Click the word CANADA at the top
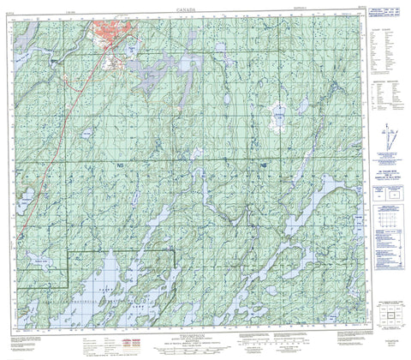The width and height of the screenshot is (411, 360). (x=189, y=8)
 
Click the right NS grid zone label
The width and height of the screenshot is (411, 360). (x=264, y=163)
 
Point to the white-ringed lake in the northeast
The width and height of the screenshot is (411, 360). (x=278, y=113)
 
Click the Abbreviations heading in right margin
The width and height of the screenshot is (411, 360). (x=383, y=52)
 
